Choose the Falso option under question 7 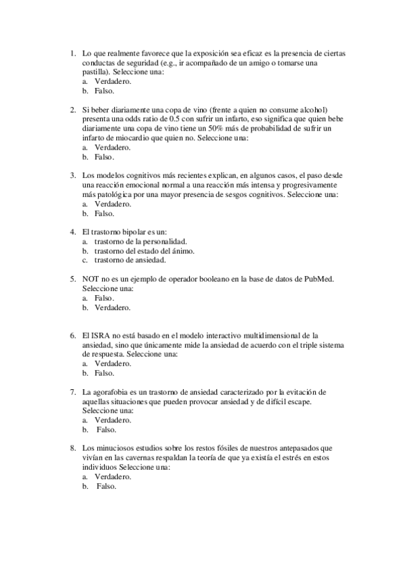pyautogui.click(x=106, y=430)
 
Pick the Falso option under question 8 pyautogui.click(x=106, y=486)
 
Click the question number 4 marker pyautogui.click(x=72, y=231)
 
